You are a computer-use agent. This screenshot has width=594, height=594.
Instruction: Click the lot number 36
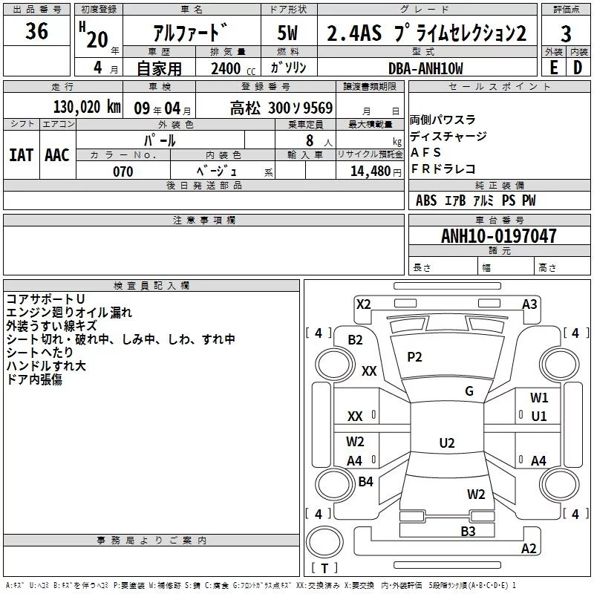[x=36, y=30]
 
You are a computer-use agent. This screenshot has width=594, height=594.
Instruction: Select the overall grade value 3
[x=566, y=33]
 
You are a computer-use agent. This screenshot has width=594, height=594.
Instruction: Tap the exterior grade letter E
[x=553, y=68]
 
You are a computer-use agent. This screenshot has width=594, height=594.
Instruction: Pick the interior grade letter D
[x=578, y=68]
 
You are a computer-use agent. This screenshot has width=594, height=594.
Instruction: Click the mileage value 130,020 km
[x=87, y=106]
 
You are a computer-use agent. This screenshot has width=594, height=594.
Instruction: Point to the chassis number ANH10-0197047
[x=499, y=235]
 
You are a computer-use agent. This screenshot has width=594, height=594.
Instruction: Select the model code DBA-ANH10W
[x=425, y=68]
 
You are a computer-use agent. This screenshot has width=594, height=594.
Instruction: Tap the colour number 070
[x=123, y=172]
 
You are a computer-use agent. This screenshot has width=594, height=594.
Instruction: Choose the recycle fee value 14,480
[x=371, y=172]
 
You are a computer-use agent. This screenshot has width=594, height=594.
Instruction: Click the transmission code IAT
[x=22, y=155]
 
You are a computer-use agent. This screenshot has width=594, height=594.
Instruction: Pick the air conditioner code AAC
[x=57, y=155]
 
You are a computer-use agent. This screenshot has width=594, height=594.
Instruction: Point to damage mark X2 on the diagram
[x=363, y=304]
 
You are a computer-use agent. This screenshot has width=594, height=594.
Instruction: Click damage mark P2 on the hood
[x=414, y=357]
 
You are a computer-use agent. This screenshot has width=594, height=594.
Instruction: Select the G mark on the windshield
[x=469, y=391]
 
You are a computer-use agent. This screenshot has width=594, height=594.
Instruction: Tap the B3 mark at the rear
[x=468, y=531]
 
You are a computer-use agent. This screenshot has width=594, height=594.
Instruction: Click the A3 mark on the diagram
[x=529, y=304]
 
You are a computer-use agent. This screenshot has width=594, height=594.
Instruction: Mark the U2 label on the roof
[x=447, y=443]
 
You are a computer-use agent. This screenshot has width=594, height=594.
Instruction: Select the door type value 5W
[x=287, y=33]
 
